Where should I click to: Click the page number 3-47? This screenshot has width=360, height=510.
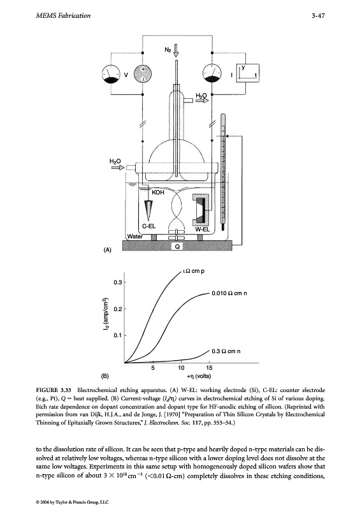coord(318,15)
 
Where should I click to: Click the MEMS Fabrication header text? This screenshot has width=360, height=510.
coord(63,15)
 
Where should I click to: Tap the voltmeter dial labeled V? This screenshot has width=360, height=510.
coord(112,75)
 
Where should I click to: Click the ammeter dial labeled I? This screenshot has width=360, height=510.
coord(212,74)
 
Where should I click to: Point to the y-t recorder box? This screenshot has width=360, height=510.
coord(248,73)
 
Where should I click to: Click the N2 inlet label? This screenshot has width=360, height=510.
coord(168,50)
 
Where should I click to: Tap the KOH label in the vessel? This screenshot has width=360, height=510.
coord(158,193)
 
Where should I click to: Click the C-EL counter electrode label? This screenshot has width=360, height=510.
coord(149,226)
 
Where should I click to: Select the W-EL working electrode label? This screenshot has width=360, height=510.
coord(202,229)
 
